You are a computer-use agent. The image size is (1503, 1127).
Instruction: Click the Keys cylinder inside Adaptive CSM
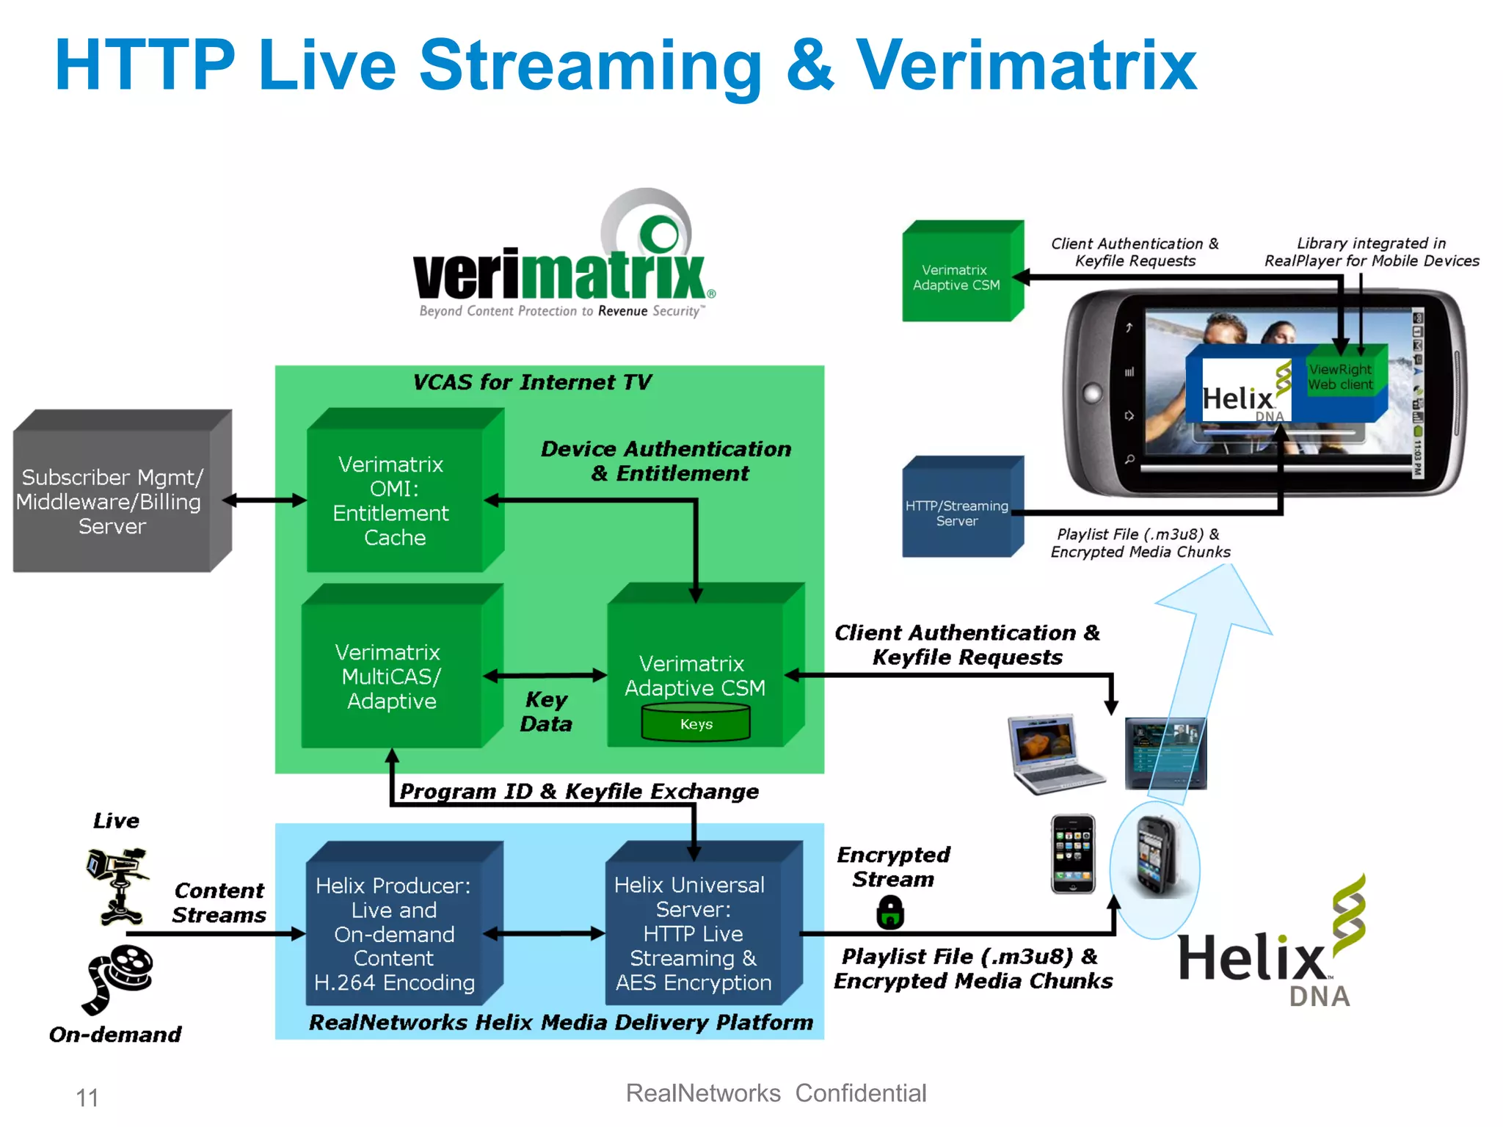click(x=696, y=723)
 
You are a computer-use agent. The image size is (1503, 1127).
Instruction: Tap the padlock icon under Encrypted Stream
click(x=890, y=912)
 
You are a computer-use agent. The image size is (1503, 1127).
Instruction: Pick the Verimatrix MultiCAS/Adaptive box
click(x=392, y=676)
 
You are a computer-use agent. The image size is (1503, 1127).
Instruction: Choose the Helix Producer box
click(x=394, y=933)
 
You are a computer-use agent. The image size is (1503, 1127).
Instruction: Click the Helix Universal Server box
click(x=694, y=933)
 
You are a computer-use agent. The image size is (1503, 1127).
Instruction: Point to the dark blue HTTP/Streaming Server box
click(x=957, y=513)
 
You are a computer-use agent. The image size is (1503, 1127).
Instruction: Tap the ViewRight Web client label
click(x=1340, y=377)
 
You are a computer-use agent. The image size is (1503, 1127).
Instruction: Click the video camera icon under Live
click(x=118, y=884)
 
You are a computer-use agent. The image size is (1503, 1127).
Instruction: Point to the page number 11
click(x=87, y=1098)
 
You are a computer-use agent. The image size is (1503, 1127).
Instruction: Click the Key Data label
click(x=546, y=711)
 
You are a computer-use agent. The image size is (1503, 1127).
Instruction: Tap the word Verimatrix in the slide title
click(x=1026, y=66)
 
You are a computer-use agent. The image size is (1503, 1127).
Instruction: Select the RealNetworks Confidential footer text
click(x=776, y=1093)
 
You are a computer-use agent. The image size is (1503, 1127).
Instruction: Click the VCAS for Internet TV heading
click(x=532, y=382)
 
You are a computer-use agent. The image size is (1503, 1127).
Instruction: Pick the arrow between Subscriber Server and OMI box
click(x=264, y=500)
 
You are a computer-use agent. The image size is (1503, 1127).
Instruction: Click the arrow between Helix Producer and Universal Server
click(x=545, y=934)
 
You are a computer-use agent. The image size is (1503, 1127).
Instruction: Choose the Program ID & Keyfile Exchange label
click(x=579, y=791)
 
